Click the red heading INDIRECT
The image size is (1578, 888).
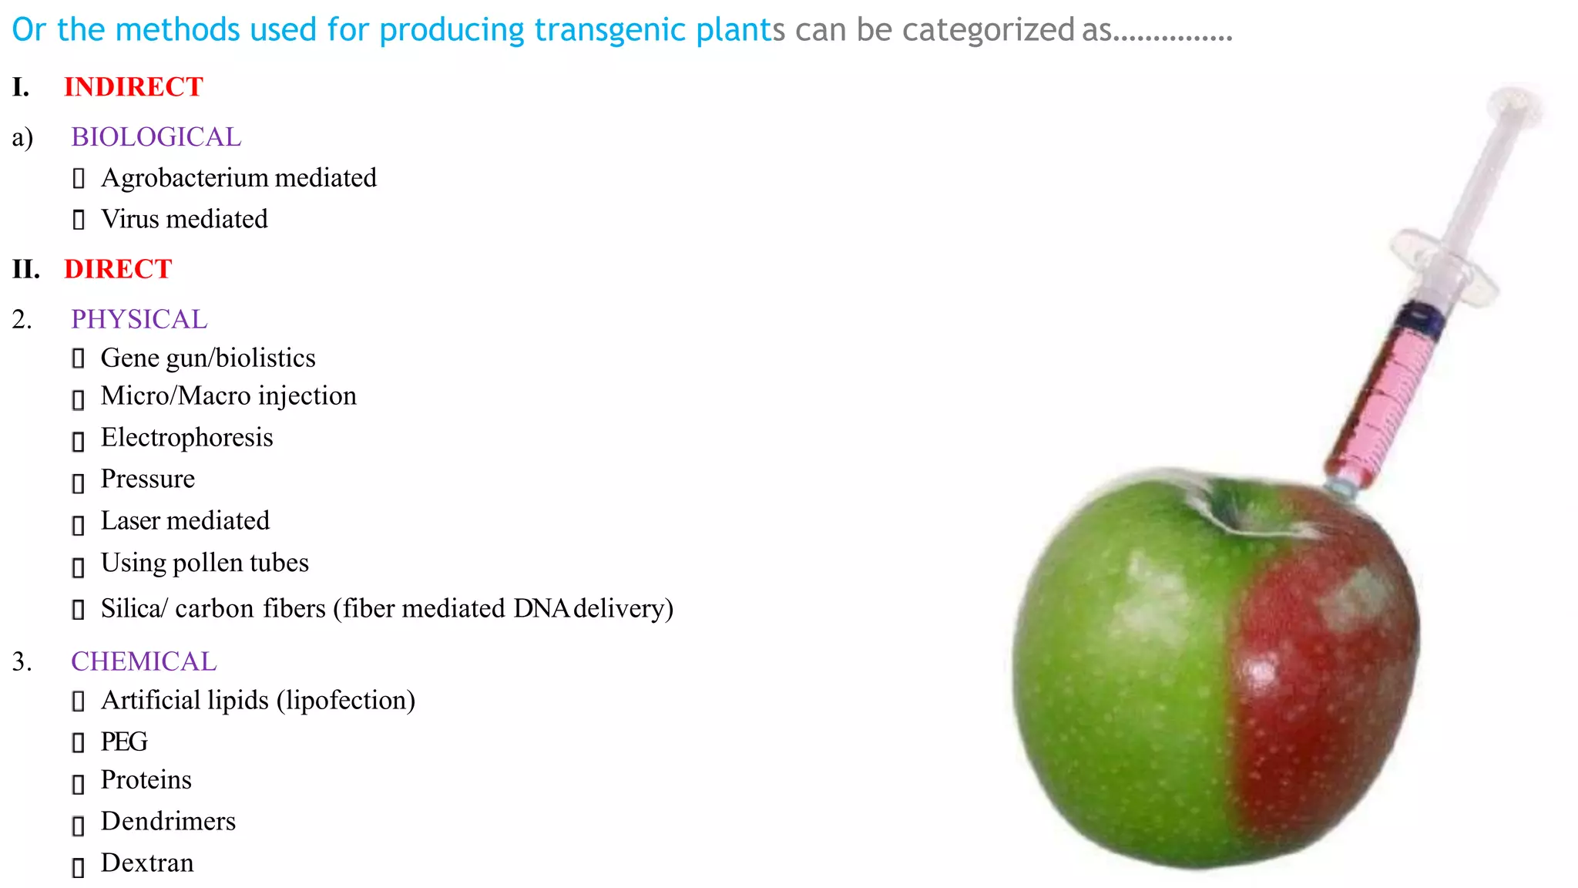(133, 87)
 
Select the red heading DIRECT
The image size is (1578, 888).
(118, 269)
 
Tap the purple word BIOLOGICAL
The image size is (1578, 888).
(156, 137)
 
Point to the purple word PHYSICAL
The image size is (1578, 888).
(139, 319)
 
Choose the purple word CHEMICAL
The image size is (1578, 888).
(144, 661)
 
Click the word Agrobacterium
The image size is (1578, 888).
(184, 178)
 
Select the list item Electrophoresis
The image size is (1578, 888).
(187, 438)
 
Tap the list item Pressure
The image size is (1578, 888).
(148, 479)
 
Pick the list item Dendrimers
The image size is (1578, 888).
(168, 822)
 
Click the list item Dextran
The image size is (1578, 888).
(147, 863)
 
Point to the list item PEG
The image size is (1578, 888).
(124, 742)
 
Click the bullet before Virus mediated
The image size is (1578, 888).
(78, 220)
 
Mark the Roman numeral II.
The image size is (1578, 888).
(26, 269)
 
